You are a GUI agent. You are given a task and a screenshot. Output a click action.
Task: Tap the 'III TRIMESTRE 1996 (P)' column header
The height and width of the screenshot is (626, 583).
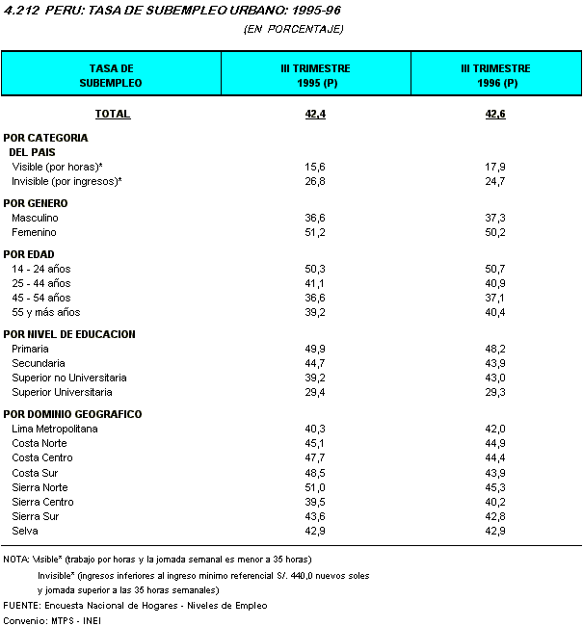[496, 75]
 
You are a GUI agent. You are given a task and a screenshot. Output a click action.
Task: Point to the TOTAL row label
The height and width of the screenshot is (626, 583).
[113, 115]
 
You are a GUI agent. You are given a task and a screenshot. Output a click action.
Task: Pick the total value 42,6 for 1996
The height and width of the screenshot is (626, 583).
[496, 115]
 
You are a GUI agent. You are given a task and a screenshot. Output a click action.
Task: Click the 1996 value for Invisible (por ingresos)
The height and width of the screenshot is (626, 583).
[496, 181]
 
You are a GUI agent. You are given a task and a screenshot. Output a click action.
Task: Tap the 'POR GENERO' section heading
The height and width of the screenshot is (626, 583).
[36, 203]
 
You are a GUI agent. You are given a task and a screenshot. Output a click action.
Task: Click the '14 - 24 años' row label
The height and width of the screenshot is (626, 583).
[41, 269]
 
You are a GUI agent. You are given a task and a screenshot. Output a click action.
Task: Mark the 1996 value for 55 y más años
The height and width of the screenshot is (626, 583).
[496, 312]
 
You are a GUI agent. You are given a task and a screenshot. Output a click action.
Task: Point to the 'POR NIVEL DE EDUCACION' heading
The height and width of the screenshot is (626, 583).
[69, 334]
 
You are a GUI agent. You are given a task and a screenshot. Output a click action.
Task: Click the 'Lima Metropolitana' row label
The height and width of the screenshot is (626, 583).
[55, 429]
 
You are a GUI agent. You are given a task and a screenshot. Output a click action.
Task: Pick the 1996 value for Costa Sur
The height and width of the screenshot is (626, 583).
[496, 473]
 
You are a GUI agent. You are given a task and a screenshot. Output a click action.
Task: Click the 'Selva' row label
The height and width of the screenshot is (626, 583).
[25, 531]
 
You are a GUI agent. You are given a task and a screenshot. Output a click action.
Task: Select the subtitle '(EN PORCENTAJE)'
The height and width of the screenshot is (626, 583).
[294, 29]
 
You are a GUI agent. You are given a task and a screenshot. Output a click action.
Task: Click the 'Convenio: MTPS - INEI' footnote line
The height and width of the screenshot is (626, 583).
[53, 619]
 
